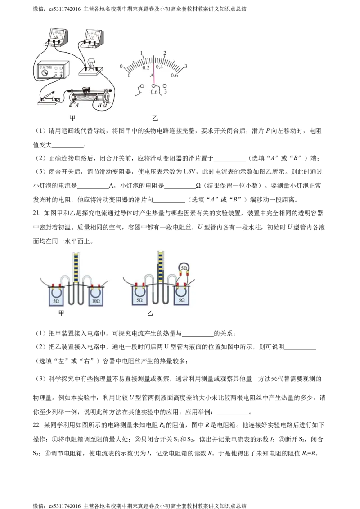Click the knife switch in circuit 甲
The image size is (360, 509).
point(47,97)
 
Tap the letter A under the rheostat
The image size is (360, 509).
point(77,106)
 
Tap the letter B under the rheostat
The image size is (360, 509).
point(100,106)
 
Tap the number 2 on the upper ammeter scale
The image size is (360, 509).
point(165,53)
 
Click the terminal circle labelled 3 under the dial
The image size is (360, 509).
point(165,85)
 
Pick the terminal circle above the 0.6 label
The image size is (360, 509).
point(154,85)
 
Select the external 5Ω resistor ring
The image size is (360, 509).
point(184,268)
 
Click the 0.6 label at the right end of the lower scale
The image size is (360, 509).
point(175,76)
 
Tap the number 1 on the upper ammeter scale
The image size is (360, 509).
point(142,53)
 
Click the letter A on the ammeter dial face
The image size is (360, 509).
point(152,76)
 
